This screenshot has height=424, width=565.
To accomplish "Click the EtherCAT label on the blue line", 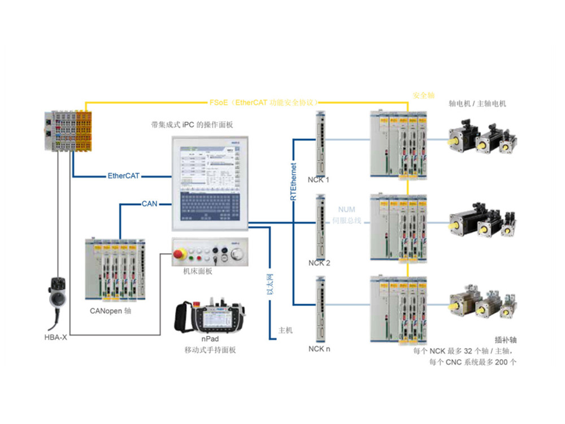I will (x=123, y=176).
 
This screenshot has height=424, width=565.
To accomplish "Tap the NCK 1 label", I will (x=319, y=180).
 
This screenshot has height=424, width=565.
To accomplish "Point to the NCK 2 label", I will (x=319, y=263).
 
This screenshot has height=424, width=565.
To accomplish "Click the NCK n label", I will (x=319, y=349).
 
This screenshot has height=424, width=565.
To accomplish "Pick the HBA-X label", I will (x=55, y=338).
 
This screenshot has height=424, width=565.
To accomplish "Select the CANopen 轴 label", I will (x=111, y=310).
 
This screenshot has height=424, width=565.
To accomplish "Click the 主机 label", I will (x=286, y=330).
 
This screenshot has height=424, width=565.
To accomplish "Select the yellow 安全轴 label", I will (x=423, y=95).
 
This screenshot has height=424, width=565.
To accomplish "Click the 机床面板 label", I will (x=198, y=271).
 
